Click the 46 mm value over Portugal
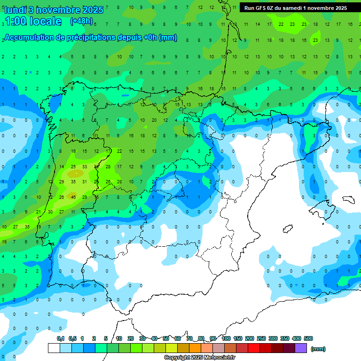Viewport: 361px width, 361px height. (73, 197)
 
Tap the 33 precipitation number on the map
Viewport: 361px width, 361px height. (85, 166)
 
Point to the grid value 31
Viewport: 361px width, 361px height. (85, 181)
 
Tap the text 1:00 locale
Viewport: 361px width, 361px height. (33, 21)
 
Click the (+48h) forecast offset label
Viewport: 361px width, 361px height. (81, 21)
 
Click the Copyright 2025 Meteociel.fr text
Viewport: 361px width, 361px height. (199, 358)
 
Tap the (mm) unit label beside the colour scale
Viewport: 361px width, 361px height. (318, 349)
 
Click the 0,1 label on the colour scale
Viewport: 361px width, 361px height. (61, 338)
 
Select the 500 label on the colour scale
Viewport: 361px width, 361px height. (308, 338)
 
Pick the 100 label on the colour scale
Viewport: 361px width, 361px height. (226, 338)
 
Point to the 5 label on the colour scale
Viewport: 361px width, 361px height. (106, 338)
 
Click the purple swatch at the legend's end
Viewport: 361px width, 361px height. (301, 348)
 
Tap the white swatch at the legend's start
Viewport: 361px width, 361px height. (54, 348)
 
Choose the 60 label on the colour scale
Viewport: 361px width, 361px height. (178, 338)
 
